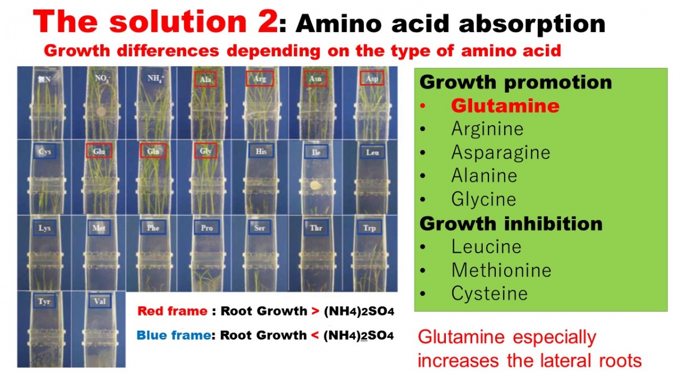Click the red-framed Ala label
coord(205,79)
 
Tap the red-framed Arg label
coord(260,79)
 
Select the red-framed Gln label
coord(153,150)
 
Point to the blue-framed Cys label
coord(44,151)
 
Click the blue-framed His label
coord(261,151)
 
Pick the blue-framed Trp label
coord(370,228)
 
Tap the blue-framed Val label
coord(100,301)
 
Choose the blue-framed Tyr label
coord(44,301)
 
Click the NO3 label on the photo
coord(103,79)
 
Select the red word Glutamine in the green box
coord(505,106)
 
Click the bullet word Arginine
coord(487,129)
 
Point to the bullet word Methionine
coord(501,270)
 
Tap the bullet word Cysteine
coord(489,293)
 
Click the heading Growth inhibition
coord(511,223)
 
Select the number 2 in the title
coord(268,21)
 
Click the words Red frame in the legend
coord(172,311)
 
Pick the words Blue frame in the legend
coord(174,335)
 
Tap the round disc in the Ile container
coord(315,185)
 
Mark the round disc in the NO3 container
coord(101,112)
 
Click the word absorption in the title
coord(532,24)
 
